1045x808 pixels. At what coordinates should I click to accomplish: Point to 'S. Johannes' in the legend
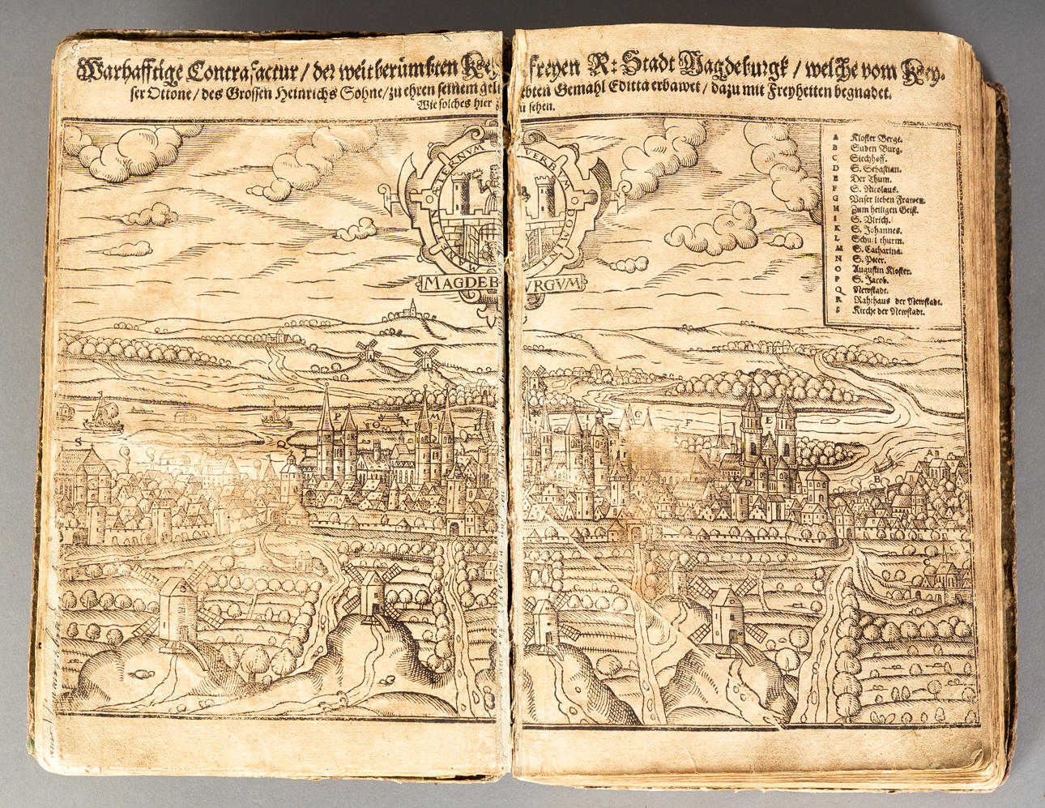(x=874, y=229)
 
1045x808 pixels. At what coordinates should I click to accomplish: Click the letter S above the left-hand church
(x=79, y=442)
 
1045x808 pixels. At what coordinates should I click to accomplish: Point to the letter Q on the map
(x=280, y=444)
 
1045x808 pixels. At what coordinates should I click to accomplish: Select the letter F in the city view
(x=687, y=421)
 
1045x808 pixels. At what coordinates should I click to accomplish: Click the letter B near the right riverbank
(x=877, y=478)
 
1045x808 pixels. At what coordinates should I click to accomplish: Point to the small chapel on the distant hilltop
(x=412, y=307)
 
